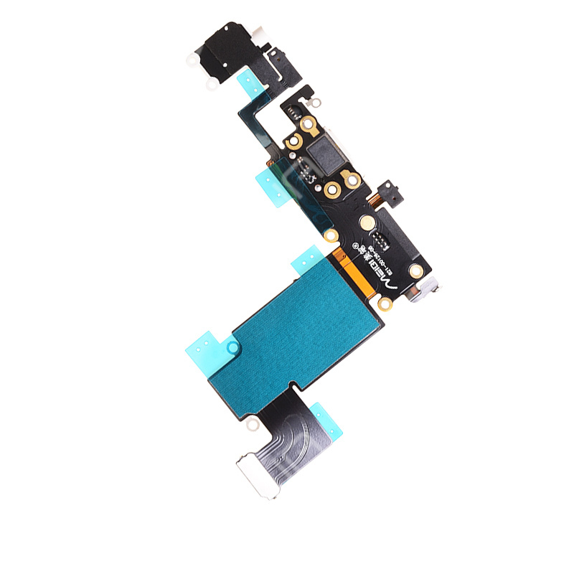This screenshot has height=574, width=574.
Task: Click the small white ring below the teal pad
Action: point(252,425)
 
